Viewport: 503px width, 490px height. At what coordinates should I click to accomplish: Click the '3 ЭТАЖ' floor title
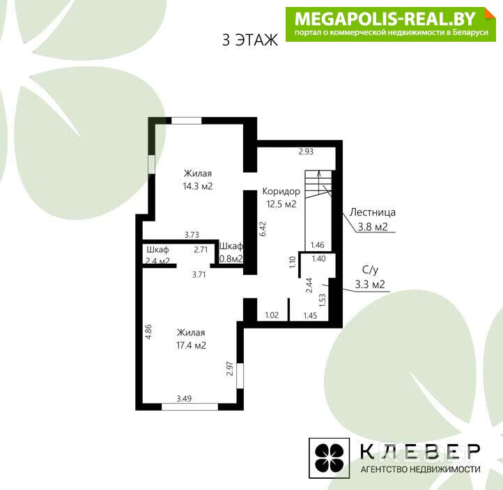pos(250,40)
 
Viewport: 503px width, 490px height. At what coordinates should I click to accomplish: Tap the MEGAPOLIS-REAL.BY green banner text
pos(385,19)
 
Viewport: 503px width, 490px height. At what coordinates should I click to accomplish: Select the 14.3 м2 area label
pos(198,187)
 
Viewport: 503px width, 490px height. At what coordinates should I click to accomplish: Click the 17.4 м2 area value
pos(191,345)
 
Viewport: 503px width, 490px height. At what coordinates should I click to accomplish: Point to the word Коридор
pos(281,191)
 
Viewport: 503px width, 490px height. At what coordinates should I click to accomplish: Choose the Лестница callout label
pos(373,212)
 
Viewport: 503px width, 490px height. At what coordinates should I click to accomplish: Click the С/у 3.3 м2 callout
pos(370,277)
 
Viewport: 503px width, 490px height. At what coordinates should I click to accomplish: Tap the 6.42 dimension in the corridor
pos(263,229)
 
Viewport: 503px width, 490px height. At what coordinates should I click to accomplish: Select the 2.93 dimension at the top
pos(306,152)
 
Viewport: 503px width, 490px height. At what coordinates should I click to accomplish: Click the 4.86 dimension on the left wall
pos(148,332)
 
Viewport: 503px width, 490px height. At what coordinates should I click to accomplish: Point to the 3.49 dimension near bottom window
pos(184,399)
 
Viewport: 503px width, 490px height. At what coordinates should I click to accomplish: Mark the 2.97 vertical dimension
pos(230,369)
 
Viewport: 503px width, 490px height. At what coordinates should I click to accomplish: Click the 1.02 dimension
pos(272,315)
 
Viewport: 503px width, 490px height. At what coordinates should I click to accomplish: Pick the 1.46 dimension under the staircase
pos(317,245)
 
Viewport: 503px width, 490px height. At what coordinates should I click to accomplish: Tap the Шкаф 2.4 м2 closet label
pos(157,255)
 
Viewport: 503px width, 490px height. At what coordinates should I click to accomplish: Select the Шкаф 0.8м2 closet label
pos(231,252)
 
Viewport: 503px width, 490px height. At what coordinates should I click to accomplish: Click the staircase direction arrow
pos(319,182)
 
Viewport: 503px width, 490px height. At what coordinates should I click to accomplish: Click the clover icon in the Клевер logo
pos(329,457)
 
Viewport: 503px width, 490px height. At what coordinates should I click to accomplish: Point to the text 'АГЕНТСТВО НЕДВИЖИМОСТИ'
pos(420,470)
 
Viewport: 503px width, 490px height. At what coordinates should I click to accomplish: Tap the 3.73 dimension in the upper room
pos(192,235)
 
